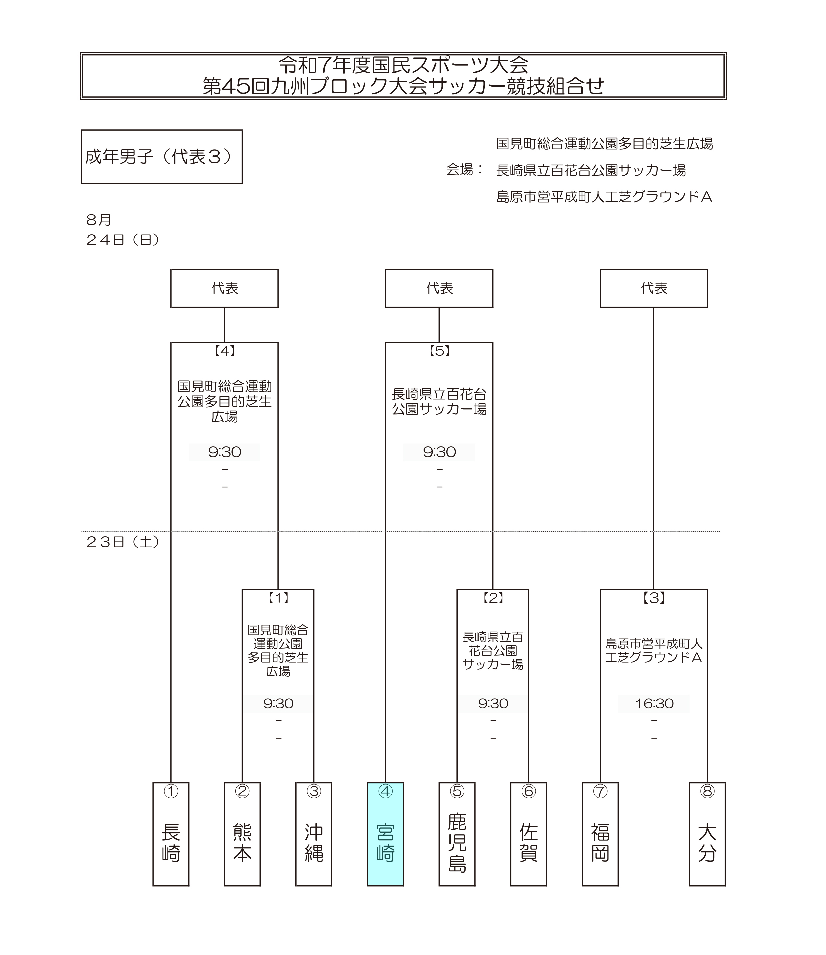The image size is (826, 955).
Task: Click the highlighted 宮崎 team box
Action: [x=385, y=834]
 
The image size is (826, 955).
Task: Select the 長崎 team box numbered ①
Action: [x=171, y=834]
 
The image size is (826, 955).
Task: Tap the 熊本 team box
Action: [x=242, y=834]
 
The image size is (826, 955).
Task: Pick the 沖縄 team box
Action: [x=314, y=834]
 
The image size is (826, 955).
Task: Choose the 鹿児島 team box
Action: [x=457, y=834]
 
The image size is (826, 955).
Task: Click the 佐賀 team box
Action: [x=528, y=834]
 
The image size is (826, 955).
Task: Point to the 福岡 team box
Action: [x=600, y=834]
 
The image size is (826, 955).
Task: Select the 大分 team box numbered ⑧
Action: [x=707, y=834]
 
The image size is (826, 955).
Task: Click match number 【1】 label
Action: [x=278, y=598]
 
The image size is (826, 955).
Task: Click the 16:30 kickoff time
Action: [x=654, y=704]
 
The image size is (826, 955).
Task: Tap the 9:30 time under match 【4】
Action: [x=225, y=452]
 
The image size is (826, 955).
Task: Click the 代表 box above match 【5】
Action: [x=439, y=288]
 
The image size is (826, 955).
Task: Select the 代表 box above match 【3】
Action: [x=653, y=288]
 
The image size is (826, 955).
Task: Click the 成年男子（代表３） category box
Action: [x=162, y=157]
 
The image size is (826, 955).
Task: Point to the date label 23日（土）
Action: [x=123, y=542]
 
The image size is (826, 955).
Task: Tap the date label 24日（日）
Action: [x=123, y=240]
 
